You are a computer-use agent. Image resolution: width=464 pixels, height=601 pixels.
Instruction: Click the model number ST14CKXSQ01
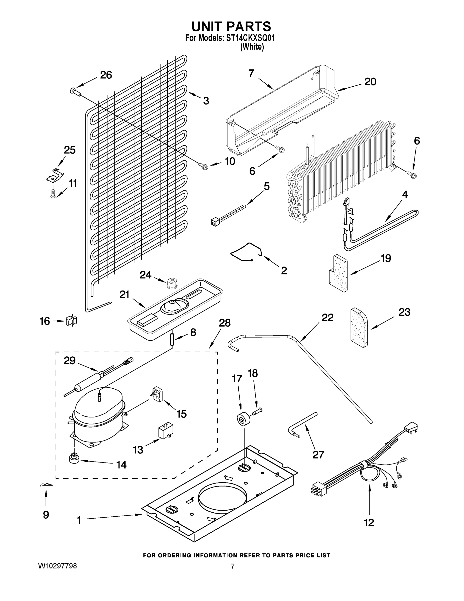coord(250,38)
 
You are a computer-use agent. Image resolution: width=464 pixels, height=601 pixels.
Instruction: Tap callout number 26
coord(106,75)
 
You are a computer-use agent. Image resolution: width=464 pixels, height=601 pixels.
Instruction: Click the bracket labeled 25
coord(55,175)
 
